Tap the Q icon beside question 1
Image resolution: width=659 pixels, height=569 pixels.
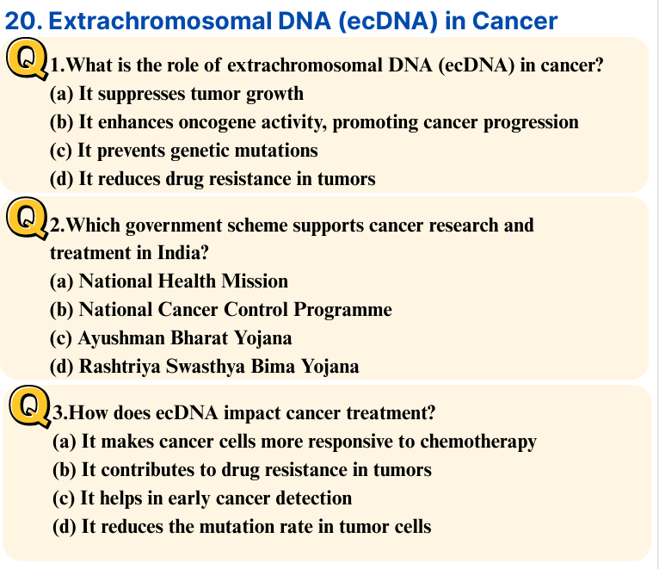pos(27,58)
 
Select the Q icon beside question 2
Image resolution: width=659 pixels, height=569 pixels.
pos(27,219)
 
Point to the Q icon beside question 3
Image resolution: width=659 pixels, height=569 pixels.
pos(29,406)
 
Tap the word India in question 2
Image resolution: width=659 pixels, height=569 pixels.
pos(183,253)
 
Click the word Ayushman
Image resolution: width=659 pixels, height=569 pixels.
pos(121,338)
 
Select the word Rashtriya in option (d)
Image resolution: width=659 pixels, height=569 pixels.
pos(120,367)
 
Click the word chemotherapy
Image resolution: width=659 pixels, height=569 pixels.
pos(478,442)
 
